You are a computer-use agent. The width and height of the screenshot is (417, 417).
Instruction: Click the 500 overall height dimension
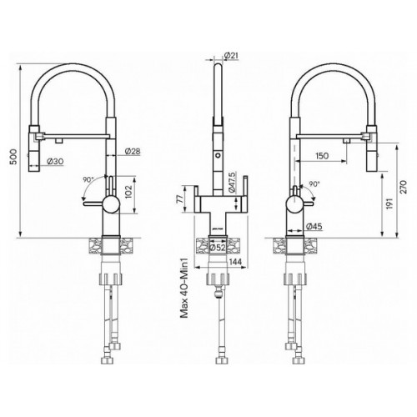click(13, 157)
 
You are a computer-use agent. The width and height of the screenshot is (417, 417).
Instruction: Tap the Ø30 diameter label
click(55, 161)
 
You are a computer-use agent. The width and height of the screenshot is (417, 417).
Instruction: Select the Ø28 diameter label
click(133, 151)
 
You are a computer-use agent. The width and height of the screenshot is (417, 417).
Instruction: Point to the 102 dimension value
click(128, 192)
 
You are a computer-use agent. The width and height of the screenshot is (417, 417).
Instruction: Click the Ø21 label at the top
click(231, 56)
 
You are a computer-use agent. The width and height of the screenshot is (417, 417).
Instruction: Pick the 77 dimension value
click(180, 199)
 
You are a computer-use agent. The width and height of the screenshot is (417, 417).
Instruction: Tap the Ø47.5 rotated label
click(233, 183)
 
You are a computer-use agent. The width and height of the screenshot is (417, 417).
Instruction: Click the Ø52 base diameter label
click(218, 248)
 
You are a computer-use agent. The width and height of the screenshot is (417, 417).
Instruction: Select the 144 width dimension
click(235, 262)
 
